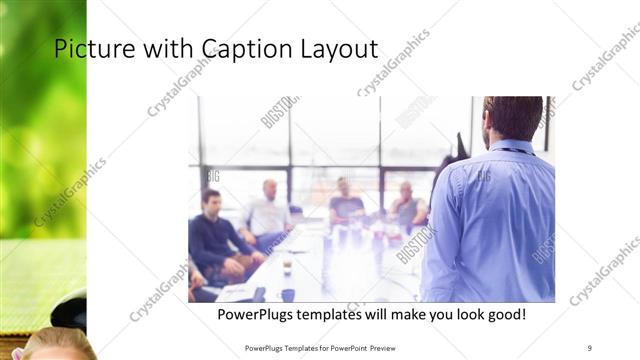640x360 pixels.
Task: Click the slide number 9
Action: (x=590, y=347)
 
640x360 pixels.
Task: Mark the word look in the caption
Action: (x=451, y=315)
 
